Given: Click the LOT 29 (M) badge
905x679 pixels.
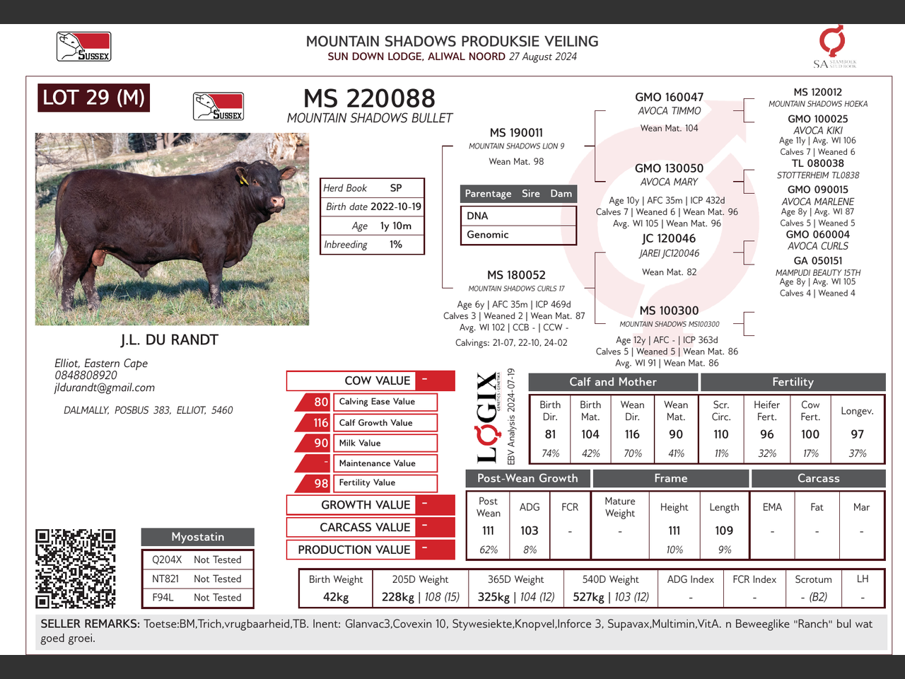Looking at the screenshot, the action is click(93, 98).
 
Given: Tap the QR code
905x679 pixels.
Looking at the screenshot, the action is click(75, 569).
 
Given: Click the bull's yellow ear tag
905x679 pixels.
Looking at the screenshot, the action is click(244, 180).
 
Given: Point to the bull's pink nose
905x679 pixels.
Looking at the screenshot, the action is click(277, 202).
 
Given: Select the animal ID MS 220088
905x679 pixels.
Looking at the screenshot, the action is click(369, 98).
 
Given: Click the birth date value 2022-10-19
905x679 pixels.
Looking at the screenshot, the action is click(396, 207).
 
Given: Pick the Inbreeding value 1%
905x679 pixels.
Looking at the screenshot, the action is click(396, 245).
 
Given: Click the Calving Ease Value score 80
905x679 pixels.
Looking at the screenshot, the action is click(321, 402).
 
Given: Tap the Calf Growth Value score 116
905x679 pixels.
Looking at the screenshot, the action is click(320, 422).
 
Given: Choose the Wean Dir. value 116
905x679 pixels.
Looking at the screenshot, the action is click(632, 434).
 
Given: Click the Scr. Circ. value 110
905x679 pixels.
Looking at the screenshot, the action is click(721, 434).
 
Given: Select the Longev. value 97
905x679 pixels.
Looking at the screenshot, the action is click(857, 434).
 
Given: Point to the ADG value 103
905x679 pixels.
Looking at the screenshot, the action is click(530, 530).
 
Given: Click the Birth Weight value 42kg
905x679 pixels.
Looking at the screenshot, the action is click(336, 597).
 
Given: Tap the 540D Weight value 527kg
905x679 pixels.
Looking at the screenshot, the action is click(588, 597).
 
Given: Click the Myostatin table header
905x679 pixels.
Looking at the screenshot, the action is click(198, 537).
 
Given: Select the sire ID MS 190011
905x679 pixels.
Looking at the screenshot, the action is click(516, 133).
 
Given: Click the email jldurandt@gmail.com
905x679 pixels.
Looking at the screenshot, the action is click(105, 388).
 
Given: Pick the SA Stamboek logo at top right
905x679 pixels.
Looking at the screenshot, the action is click(834, 46).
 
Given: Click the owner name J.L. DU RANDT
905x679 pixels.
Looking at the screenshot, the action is click(170, 339).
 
